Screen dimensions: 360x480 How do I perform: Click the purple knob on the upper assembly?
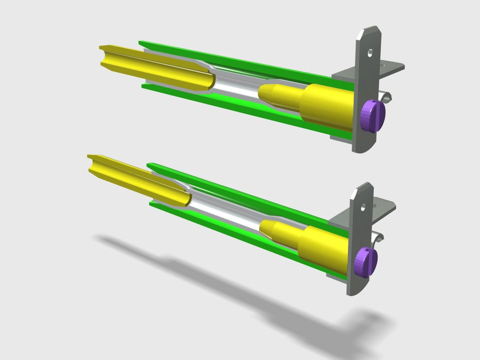372,115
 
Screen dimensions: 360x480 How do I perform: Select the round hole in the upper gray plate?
370,53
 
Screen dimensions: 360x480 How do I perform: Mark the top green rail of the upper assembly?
236,59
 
